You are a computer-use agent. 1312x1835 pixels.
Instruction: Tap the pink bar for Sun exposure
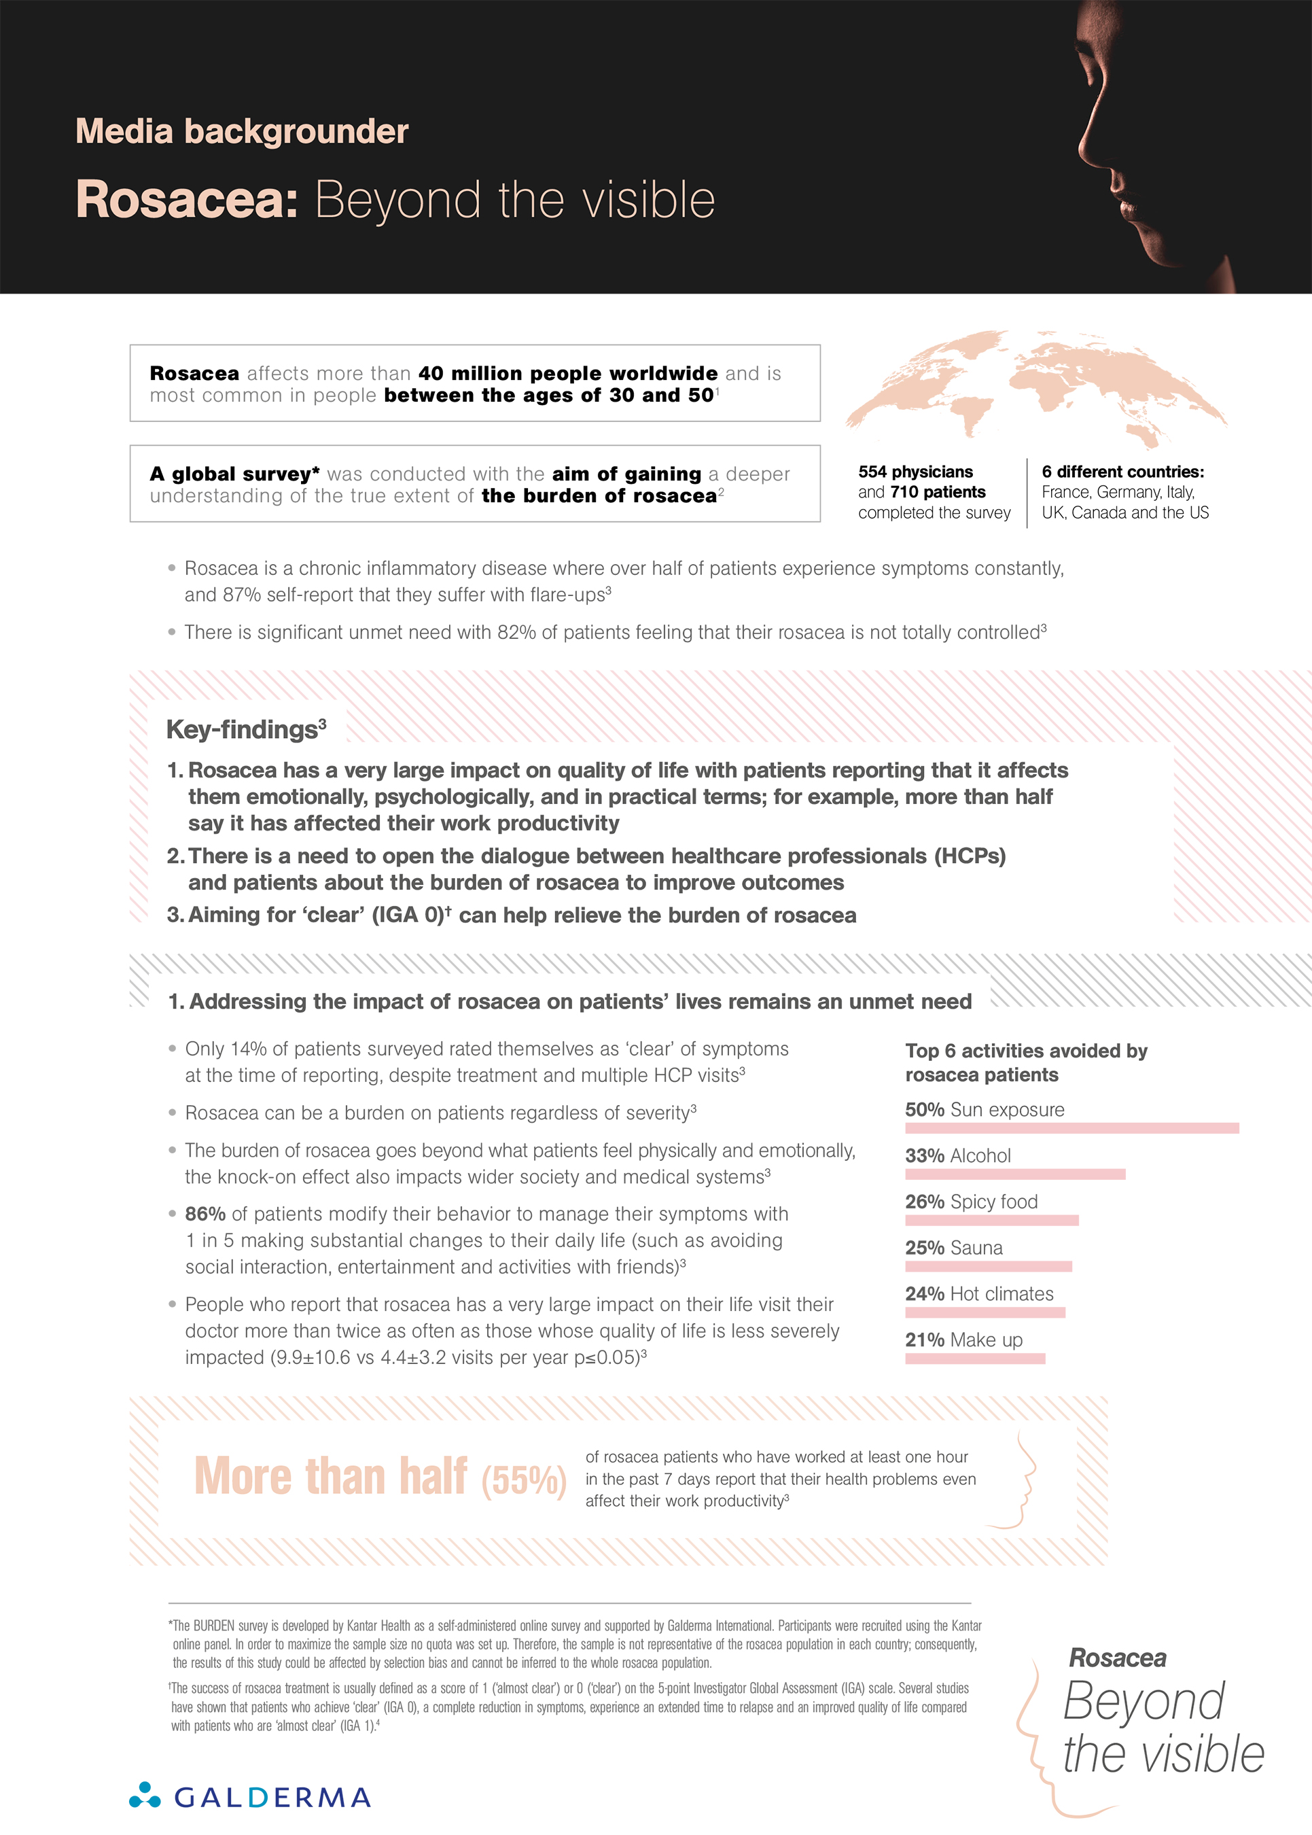point(1071,1128)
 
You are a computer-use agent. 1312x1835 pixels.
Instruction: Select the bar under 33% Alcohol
point(1014,1174)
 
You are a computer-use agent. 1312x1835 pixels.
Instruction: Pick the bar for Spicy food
point(991,1220)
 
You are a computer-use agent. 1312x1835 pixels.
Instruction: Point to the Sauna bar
point(988,1266)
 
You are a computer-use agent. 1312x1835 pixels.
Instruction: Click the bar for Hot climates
point(985,1312)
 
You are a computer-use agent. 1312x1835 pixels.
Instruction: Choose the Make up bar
point(975,1359)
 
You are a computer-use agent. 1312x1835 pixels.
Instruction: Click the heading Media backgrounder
point(242,132)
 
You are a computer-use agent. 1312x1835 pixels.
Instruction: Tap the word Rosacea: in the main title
point(188,200)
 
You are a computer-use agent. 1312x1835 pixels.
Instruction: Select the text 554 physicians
point(915,472)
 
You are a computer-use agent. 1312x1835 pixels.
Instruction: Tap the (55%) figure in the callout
point(523,1480)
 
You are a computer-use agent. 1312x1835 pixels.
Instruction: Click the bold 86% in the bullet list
point(205,1214)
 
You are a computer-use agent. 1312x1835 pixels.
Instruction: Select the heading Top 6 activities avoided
point(1025,1062)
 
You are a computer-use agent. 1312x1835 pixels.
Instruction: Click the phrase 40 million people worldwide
point(567,373)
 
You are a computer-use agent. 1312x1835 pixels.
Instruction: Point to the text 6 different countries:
point(1122,472)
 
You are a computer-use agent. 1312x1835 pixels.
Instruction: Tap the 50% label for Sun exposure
point(924,1109)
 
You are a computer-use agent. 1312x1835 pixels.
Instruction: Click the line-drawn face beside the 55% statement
point(1016,1480)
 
